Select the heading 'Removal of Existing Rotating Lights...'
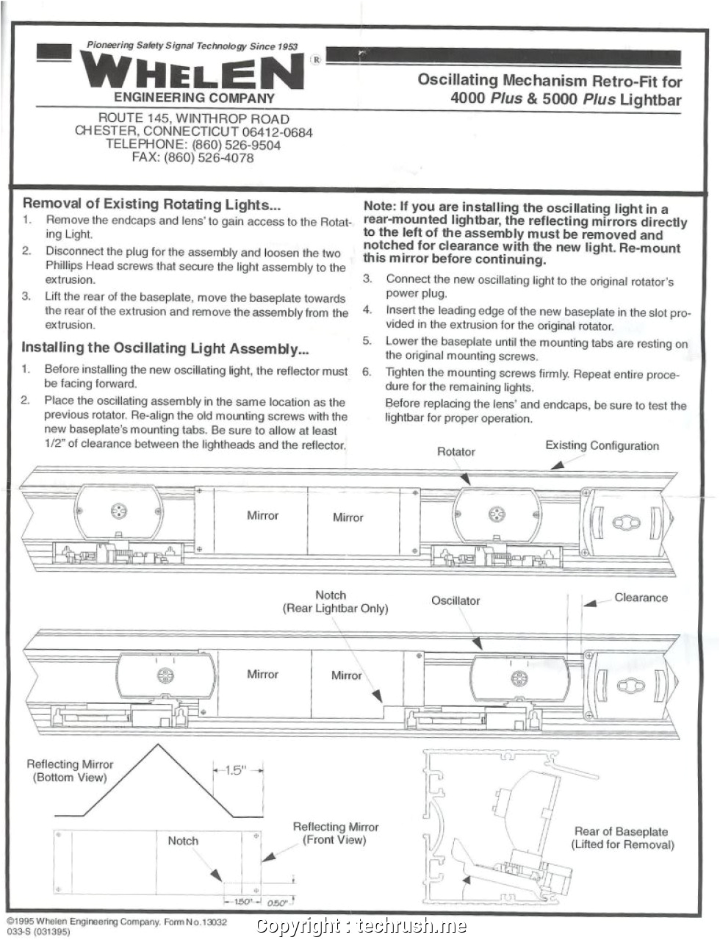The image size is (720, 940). coord(152,204)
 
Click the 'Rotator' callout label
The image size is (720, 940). coord(456,451)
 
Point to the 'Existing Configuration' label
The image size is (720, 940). coord(602,445)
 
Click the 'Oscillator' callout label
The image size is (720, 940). coord(456,600)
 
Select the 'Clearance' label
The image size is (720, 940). coord(641,598)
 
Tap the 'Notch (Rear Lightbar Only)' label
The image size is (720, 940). coord(335,602)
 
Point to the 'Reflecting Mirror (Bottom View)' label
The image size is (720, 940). coord(70,771)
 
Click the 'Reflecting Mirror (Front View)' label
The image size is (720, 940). coord(335,833)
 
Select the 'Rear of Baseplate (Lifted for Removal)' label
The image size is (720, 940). coord(622,838)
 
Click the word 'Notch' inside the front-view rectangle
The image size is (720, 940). coord(183,841)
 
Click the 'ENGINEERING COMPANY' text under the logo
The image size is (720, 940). coord(194,98)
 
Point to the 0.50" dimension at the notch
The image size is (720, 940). coord(276,903)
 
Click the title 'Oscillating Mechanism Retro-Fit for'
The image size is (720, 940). coord(550,81)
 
